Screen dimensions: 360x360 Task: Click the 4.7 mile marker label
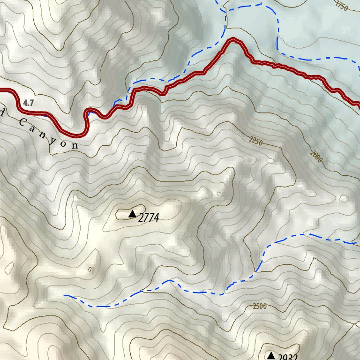point(28,103)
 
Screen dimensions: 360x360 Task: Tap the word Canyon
point(49,134)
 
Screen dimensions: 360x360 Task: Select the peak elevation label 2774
point(149,217)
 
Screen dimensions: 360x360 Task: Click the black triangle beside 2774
point(132,214)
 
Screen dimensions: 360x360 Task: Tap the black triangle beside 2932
point(270,355)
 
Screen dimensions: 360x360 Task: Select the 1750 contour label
point(342,6)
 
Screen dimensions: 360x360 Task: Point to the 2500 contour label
point(259,307)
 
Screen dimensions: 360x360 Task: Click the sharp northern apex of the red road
point(232,41)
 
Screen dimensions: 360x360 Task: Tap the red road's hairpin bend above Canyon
point(86,123)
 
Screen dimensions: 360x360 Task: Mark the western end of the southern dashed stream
point(65,296)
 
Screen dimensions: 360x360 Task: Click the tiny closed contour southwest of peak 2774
point(90,269)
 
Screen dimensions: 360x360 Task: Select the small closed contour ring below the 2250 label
point(271,161)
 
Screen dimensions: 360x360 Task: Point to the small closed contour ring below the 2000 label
point(344,198)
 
